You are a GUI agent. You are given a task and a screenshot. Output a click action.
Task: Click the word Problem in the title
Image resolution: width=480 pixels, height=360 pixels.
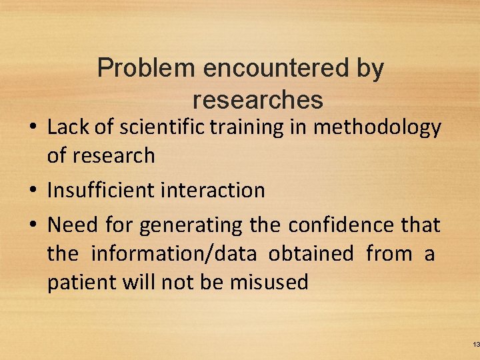click(145, 69)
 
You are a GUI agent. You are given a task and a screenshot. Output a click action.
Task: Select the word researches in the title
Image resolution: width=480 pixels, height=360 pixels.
click(258, 100)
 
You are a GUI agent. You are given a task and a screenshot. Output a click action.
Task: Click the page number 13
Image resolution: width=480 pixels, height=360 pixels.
click(475, 344)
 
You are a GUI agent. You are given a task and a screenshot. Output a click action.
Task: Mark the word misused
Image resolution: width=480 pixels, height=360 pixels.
click(269, 282)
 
